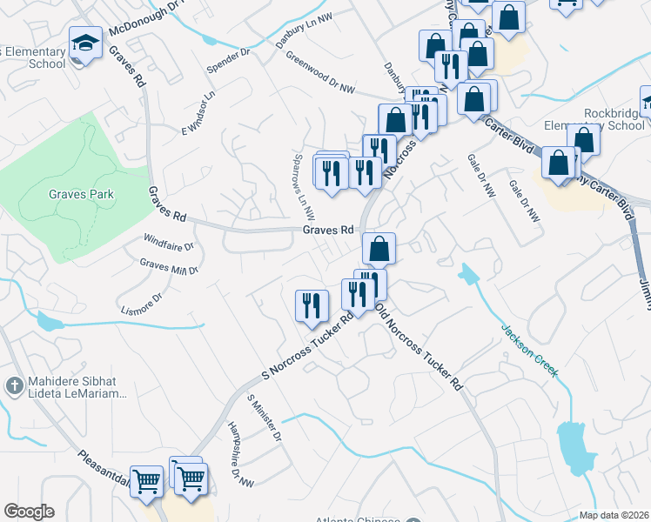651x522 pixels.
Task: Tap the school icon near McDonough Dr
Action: pos(85,43)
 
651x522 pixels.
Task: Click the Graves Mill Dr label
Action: pos(170,265)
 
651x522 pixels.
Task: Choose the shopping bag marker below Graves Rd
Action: pos(379,249)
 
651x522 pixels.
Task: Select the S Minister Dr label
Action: pos(265,417)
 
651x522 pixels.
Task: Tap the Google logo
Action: pos(29,512)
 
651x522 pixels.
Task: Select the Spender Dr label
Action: pos(228,59)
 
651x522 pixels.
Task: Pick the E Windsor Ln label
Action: pos(198,114)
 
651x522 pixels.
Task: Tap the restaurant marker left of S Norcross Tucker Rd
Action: pos(312,306)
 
